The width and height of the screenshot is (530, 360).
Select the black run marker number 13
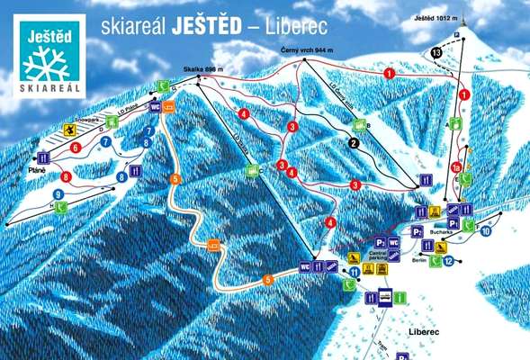click(436, 54)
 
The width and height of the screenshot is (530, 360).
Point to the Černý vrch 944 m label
click(305, 51)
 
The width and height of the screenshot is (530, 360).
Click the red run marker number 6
click(76, 146)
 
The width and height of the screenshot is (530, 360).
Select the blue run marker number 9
click(58, 193)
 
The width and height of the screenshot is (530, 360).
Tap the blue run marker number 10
click(485, 231)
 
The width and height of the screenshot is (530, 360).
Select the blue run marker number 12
click(447, 261)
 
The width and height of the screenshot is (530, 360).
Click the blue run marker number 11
click(355, 271)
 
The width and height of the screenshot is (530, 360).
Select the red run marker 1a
click(456, 167)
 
